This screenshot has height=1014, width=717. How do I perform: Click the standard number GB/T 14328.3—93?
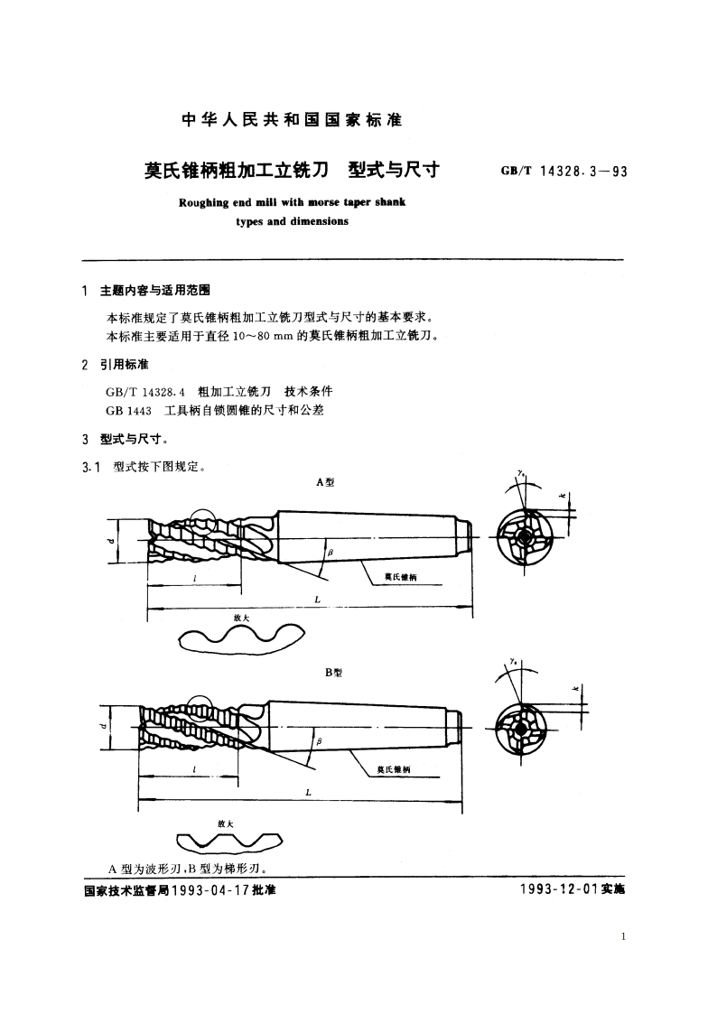tap(563, 172)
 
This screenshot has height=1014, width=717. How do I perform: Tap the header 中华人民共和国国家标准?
tap(292, 119)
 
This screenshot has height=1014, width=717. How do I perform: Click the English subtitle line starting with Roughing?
tap(291, 202)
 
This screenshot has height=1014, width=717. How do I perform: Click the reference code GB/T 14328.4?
tap(145, 392)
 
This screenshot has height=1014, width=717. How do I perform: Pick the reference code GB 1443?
tap(127, 410)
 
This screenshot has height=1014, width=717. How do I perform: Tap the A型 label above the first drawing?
tap(324, 482)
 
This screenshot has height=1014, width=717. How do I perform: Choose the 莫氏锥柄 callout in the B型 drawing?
tap(393, 768)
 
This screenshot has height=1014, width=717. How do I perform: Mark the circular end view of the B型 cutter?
tap(522, 728)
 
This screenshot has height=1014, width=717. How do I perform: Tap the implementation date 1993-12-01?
tap(560, 890)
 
